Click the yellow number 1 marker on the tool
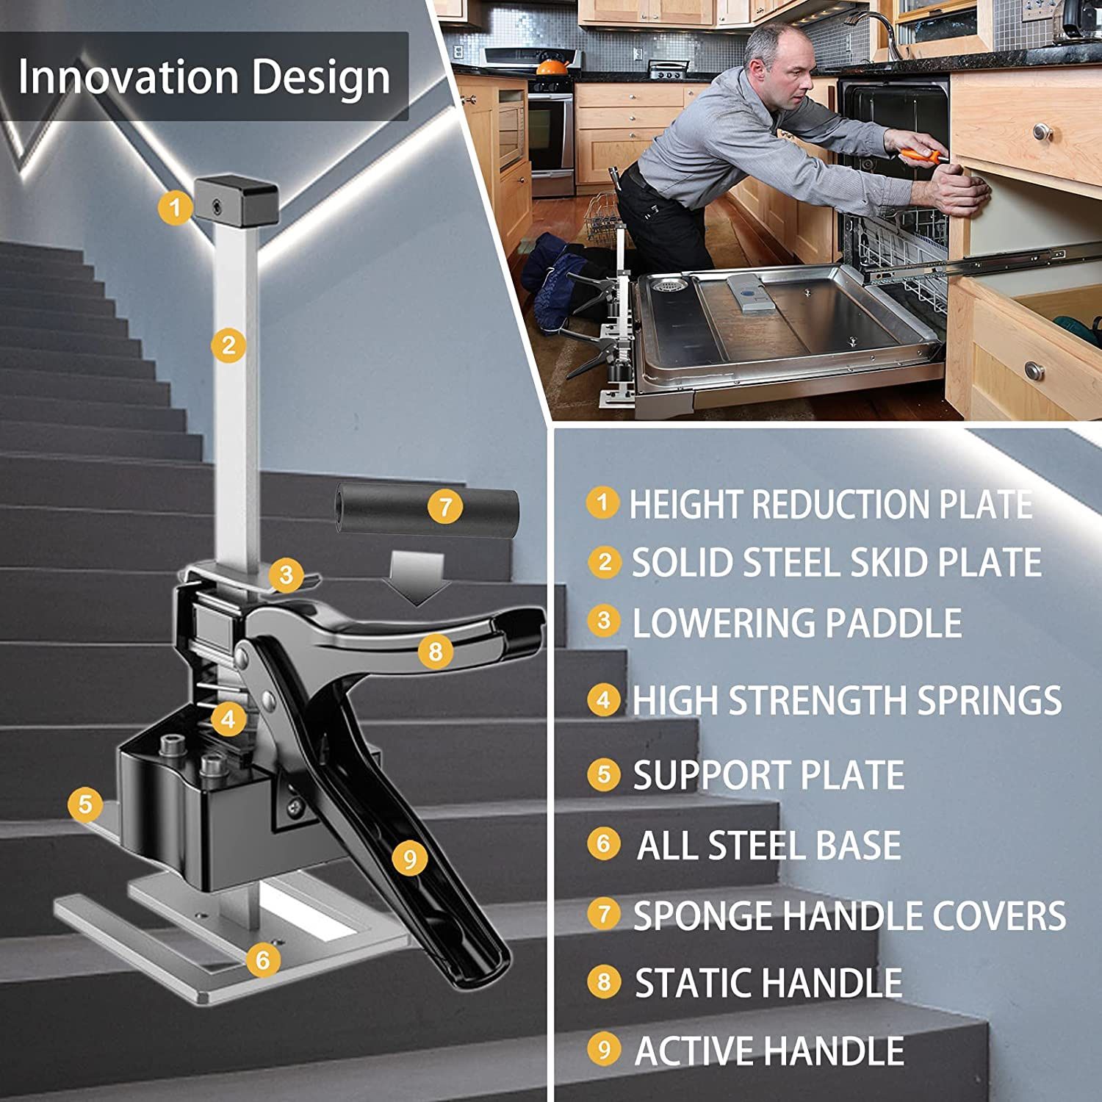175,207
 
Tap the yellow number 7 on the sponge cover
445,506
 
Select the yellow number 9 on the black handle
409,857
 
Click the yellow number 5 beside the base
85,804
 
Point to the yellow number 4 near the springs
228,719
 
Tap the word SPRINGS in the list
989,700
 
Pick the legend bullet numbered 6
604,843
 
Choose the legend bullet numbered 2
605,562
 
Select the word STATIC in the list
694,983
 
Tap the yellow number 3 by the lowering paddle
286,575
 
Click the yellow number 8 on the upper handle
436,651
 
